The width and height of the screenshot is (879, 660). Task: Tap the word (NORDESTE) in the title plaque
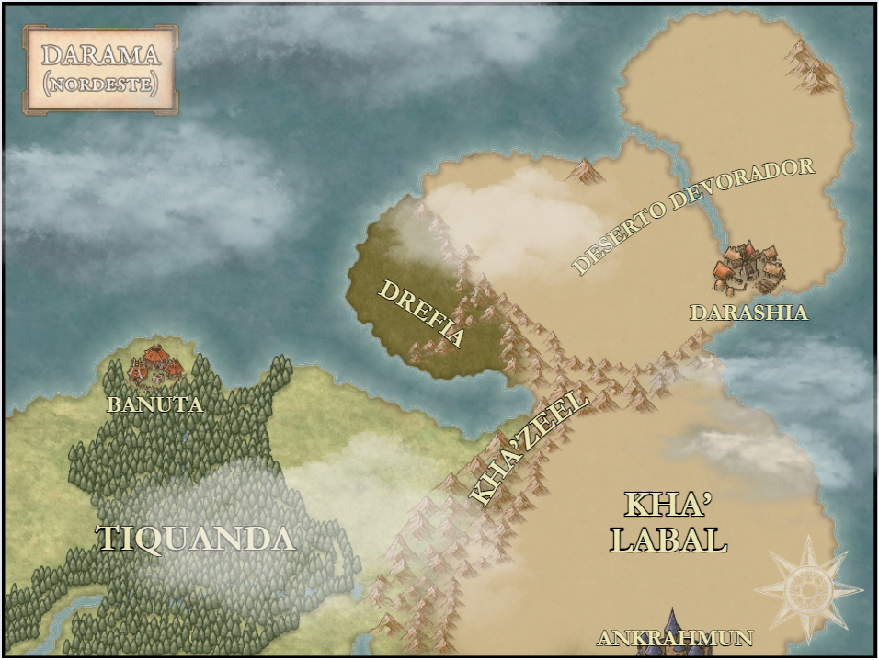click(x=100, y=84)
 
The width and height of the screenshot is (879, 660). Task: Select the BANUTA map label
click(x=154, y=404)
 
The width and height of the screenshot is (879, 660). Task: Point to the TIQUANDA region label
click(x=196, y=539)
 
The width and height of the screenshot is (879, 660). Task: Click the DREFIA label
click(x=422, y=314)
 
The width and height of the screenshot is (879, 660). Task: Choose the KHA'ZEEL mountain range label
click(x=529, y=448)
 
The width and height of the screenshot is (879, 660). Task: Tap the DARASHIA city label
click(x=748, y=313)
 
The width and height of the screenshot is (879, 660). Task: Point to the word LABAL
click(x=668, y=540)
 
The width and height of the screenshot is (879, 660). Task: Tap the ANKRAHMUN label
click(x=675, y=638)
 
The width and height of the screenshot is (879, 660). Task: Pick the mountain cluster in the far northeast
click(x=813, y=66)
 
